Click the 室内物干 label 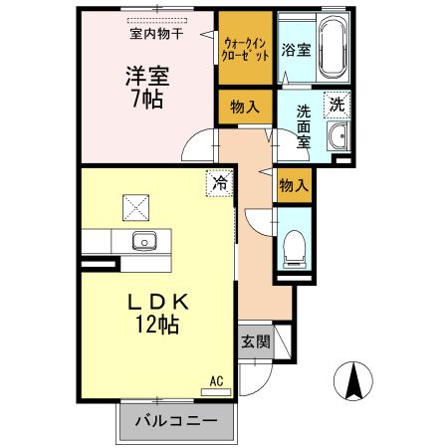pos(156,33)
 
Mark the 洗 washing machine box pos(337,104)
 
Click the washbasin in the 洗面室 pos(337,137)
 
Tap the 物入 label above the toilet pos(292,184)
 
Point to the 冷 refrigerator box pos(218,184)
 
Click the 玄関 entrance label pos(254,341)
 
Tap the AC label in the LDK pos(216,380)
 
